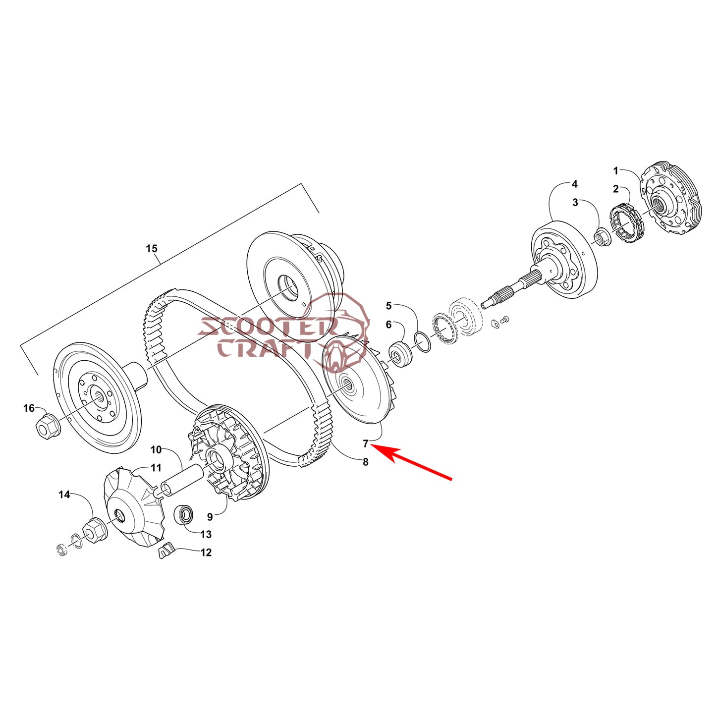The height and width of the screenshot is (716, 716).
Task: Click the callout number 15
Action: pos(151,248)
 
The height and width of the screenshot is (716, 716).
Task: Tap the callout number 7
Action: pos(366,443)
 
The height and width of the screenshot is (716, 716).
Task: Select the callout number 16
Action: pos(29,408)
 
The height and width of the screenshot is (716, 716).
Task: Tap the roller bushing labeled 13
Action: pos(183,514)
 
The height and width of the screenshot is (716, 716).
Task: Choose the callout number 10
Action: pos(156,449)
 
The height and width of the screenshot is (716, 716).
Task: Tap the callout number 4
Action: pos(574,183)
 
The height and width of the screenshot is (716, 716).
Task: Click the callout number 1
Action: pos(616,171)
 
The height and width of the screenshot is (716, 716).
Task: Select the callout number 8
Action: pos(366,462)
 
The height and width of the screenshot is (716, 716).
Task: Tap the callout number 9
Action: pos(210,517)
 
